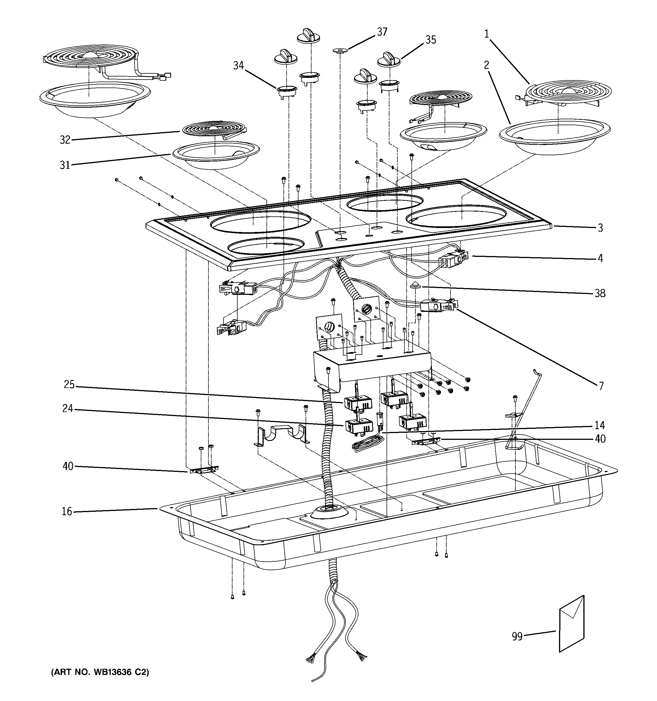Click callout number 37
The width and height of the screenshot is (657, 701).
[382, 32]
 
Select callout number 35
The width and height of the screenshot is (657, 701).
[431, 40]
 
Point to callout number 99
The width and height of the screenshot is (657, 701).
[517, 636]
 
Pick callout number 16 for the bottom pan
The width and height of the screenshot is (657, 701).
[67, 511]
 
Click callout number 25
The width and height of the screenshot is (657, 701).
[69, 385]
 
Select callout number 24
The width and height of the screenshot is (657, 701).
[68, 409]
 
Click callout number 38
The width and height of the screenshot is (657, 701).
[600, 293]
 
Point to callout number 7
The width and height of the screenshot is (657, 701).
[601, 386]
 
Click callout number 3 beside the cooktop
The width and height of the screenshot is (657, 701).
[600, 228]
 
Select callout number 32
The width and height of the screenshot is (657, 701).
[65, 140]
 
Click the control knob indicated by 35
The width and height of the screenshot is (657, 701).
[389, 59]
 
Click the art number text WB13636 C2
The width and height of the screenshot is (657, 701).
[100, 672]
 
